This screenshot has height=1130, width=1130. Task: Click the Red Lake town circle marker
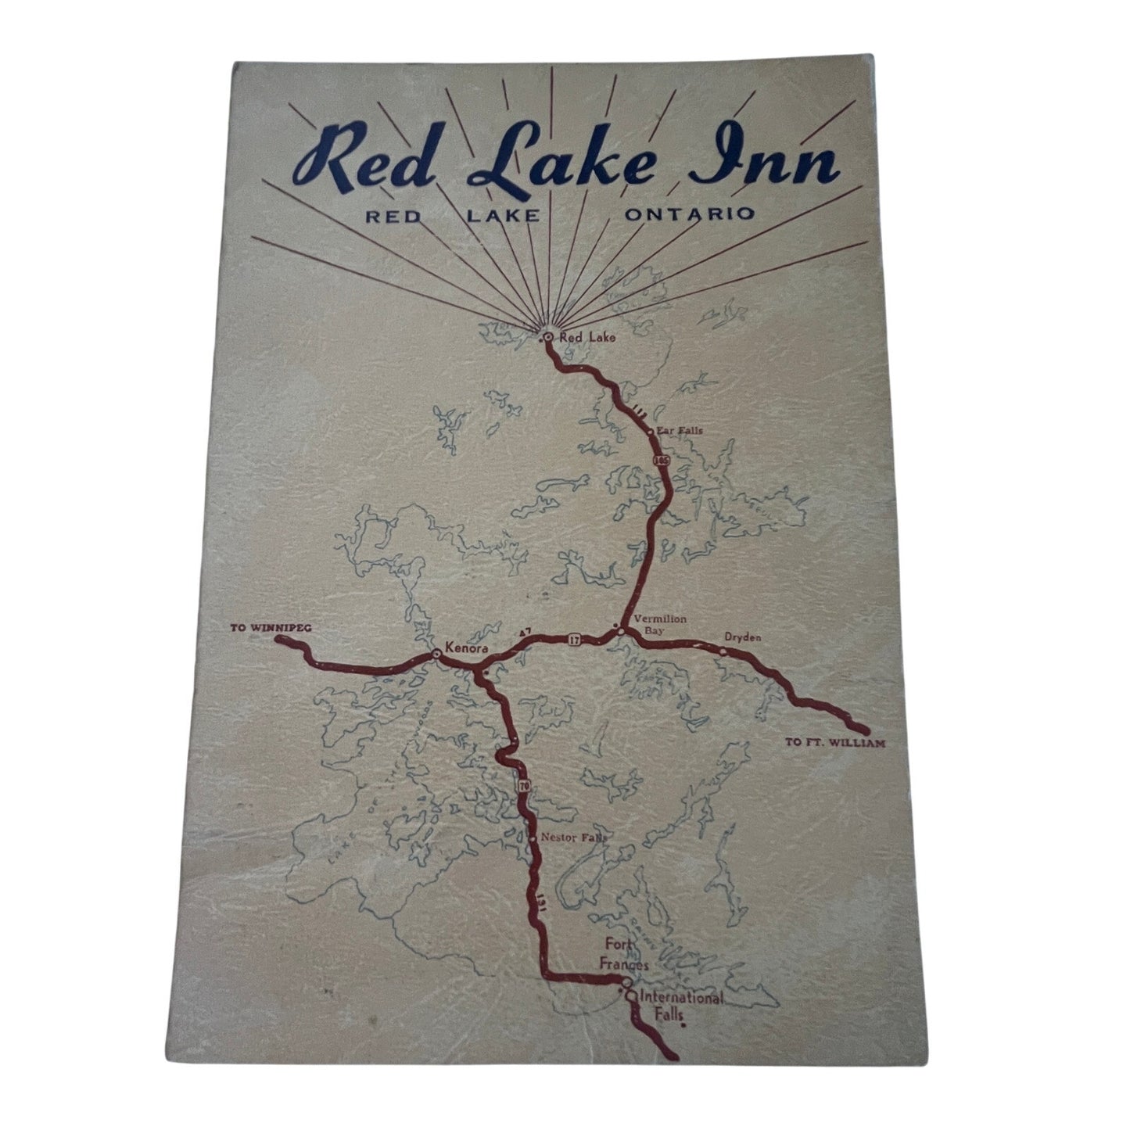coord(548,337)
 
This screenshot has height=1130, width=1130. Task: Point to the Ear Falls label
coord(673,430)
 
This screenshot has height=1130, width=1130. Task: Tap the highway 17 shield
coord(575,640)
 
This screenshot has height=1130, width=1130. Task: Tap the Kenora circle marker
coord(436,653)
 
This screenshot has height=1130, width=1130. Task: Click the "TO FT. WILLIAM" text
coord(835,744)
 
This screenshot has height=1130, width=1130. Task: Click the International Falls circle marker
coord(630,996)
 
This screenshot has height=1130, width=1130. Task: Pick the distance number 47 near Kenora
coord(525,631)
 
